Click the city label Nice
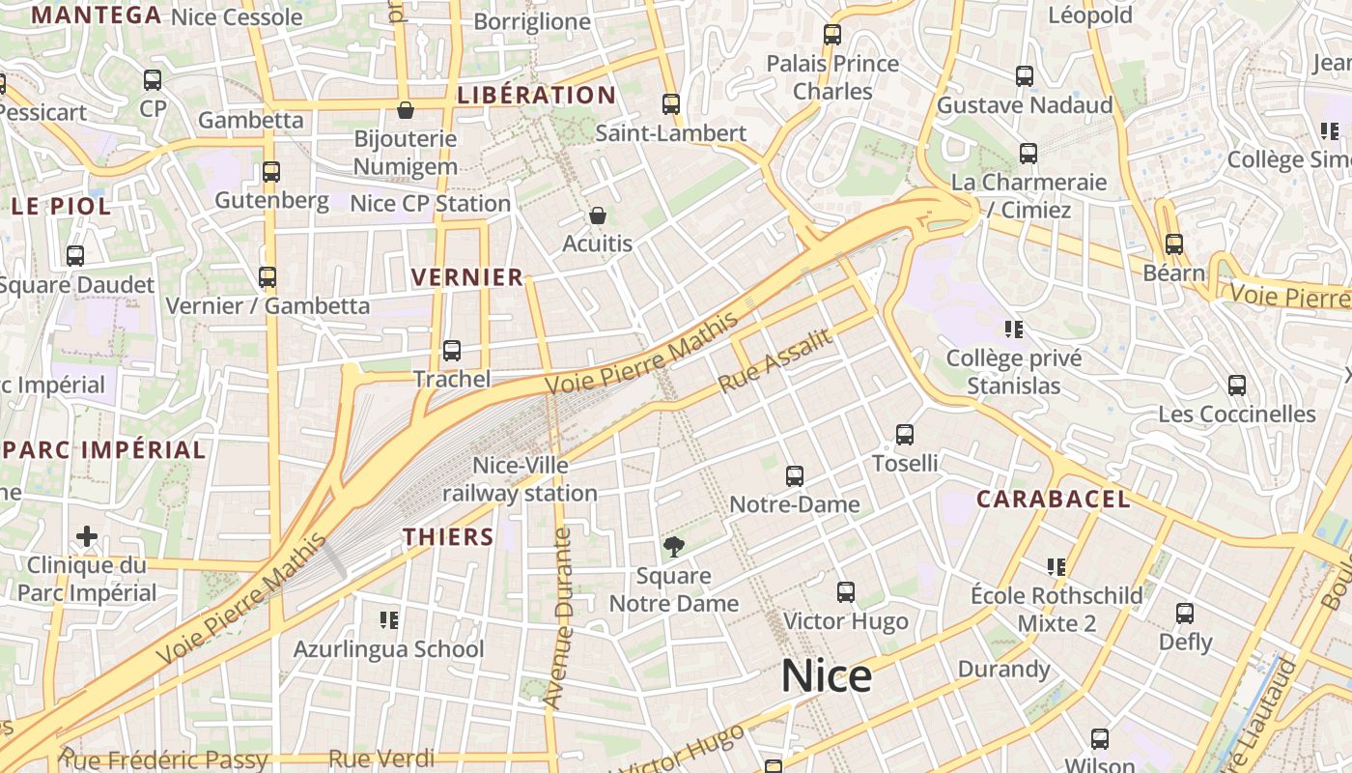click(x=827, y=675)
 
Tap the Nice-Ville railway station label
click(x=520, y=479)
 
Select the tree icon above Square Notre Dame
click(x=674, y=547)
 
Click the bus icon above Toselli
click(x=905, y=435)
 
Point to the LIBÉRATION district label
click(x=536, y=95)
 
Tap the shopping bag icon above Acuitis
click(x=598, y=215)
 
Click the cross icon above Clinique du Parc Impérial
click(x=87, y=535)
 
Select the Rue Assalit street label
click(x=775, y=361)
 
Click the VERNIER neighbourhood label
click(x=467, y=277)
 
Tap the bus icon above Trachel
click(x=452, y=351)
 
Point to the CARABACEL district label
click(x=1053, y=499)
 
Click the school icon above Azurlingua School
click(x=389, y=619)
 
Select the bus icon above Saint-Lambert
click(x=671, y=104)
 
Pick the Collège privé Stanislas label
click(x=1014, y=372)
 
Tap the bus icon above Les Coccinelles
click(x=1237, y=386)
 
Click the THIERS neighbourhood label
click(x=448, y=536)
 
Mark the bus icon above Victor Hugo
click(x=846, y=592)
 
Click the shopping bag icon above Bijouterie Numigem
click(x=406, y=110)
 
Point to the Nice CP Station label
click(x=430, y=203)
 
